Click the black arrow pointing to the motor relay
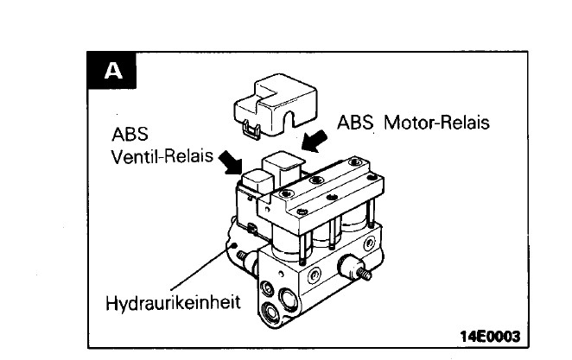click(316, 138)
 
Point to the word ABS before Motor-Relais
click(357, 123)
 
